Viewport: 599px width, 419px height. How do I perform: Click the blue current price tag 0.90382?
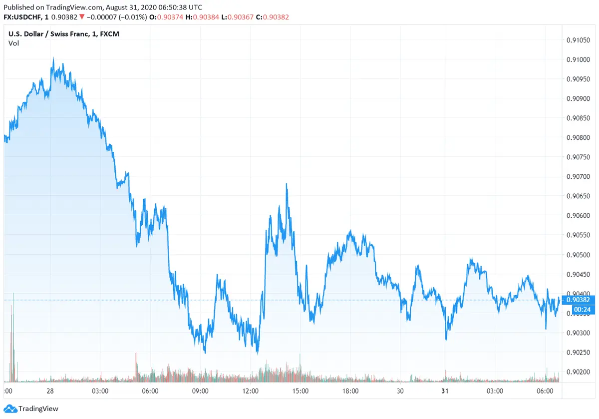coord(578,300)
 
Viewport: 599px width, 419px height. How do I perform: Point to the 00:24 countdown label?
coord(578,310)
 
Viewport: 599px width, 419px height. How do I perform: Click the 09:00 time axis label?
coord(200,391)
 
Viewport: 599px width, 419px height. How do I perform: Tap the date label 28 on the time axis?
coord(50,391)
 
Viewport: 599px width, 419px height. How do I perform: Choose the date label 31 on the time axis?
coord(445,391)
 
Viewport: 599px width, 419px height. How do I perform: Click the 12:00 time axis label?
coord(250,391)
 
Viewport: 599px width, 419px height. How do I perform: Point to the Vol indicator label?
coord(13,43)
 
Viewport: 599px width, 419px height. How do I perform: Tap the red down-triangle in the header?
coord(81,17)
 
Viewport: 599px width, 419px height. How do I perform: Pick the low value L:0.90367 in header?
coord(238,17)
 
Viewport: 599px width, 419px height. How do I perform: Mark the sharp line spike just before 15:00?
coord(287,184)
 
